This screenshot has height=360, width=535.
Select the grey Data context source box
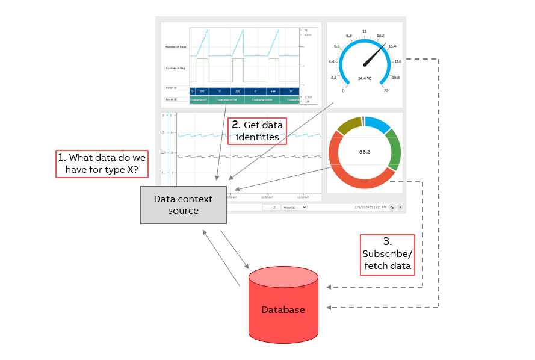(x=184, y=205)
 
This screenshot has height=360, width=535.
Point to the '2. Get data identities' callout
(x=257, y=131)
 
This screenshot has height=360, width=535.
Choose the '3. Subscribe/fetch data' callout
(x=387, y=255)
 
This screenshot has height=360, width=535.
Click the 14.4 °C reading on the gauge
(x=364, y=79)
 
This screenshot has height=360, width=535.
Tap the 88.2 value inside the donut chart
(x=364, y=152)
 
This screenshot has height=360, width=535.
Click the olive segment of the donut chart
(x=349, y=125)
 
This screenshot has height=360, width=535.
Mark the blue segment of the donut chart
(x=378, y=123)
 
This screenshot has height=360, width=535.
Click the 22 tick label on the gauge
(x=386, y=90)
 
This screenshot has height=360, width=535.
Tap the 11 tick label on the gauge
(x=365, y=31)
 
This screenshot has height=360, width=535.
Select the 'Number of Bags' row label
(x=175, y=46)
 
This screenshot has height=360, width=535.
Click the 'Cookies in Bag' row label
(x=175, y=68)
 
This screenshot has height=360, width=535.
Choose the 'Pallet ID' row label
(x=172, y=88)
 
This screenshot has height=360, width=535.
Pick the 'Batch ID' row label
(x=172, y=99)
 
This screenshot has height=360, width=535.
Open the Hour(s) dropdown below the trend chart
(x=294, y=207)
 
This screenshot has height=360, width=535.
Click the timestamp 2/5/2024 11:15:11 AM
(x=371, y=207)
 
